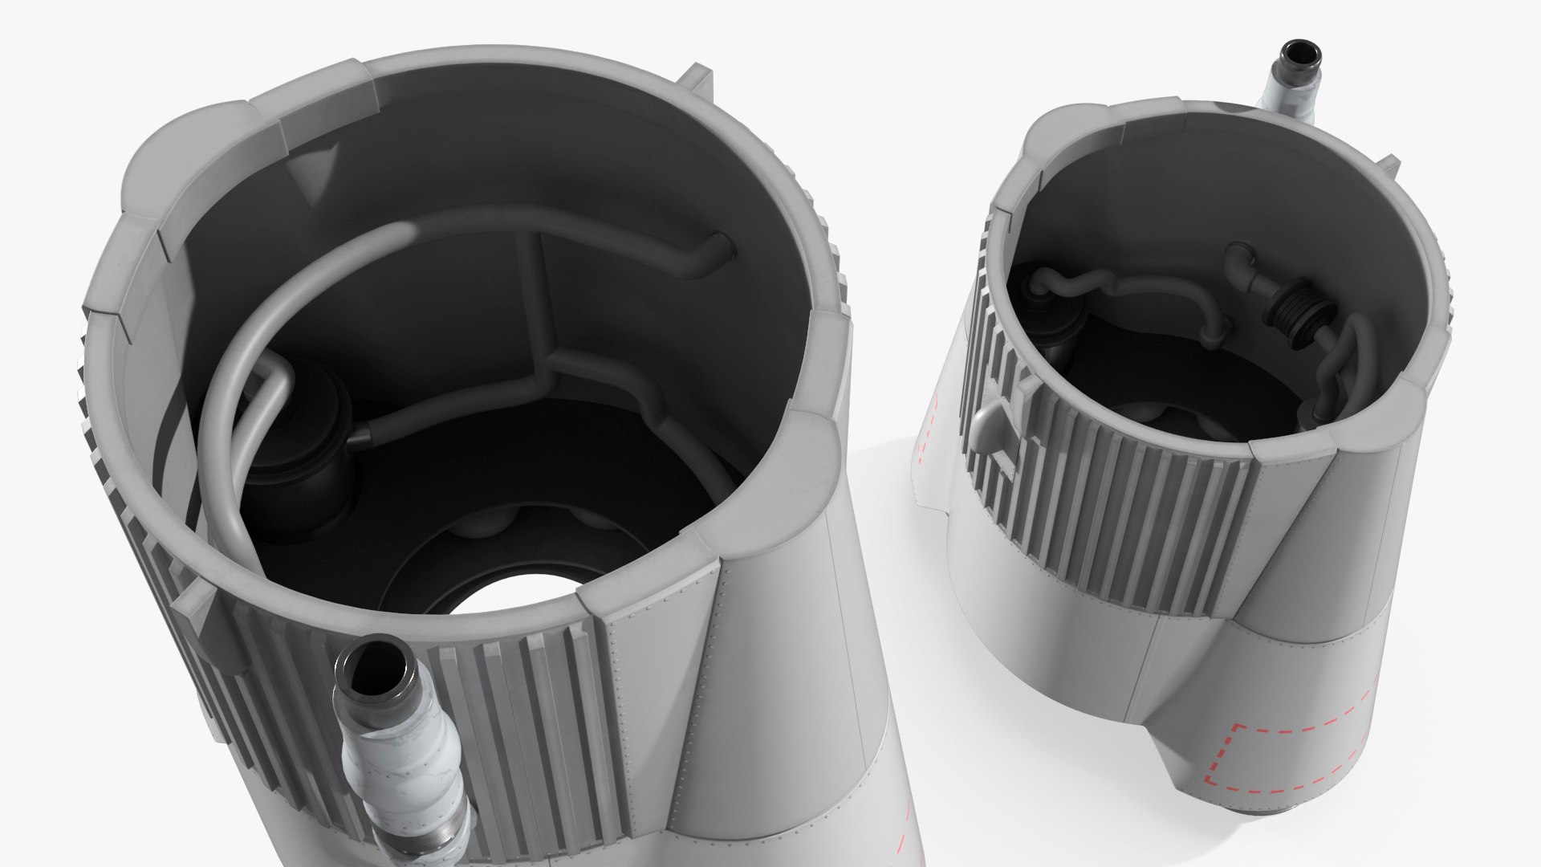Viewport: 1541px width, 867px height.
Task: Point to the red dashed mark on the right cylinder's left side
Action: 929,426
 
